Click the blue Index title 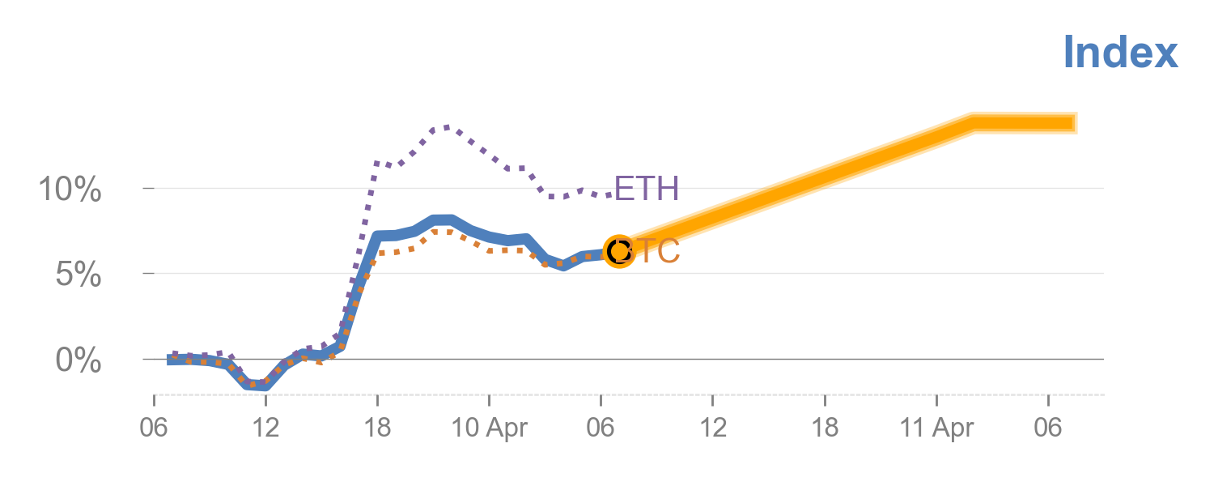[x=1120, y=52]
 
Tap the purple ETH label [x=646, y=189]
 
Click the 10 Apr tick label [x=490, y=428]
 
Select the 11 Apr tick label [x=936, y=428]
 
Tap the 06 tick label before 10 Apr [x=154, y=428]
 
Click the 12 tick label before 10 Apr [x=265, y=428]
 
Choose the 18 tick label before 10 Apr [x=377, y=428]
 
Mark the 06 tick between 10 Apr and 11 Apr [x=601, y=428]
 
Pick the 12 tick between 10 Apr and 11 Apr [x=712, y=428]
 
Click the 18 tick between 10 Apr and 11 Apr [x=824, y=428]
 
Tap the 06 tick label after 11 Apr [x=1048, y=428]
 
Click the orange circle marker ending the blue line [x=618, y=252]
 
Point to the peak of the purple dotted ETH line [x=447, y=127]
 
